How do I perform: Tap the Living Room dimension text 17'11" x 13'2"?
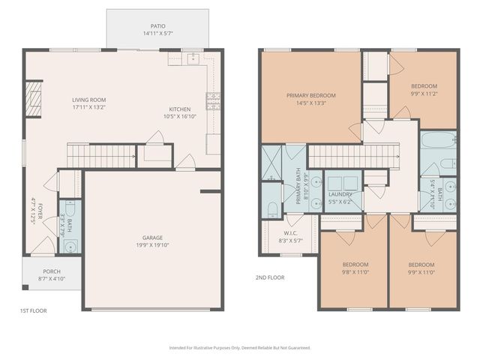pos(88,107)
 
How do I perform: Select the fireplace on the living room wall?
pos(31,99)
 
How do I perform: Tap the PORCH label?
pos(52,271)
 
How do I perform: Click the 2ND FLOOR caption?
pos(270,277)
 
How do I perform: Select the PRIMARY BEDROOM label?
pos(311,95)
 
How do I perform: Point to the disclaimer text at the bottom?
pos(240,348)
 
